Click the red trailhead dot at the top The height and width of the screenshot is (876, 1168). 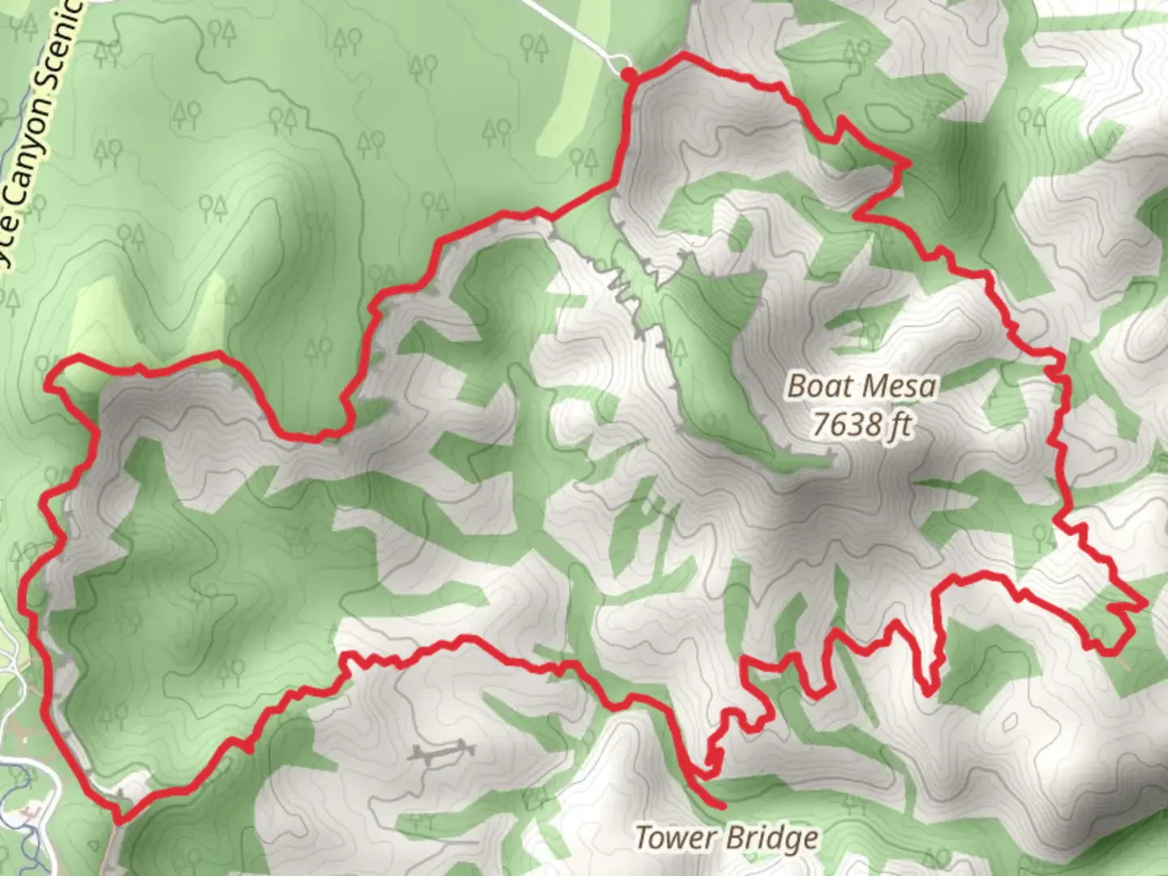[629, 75]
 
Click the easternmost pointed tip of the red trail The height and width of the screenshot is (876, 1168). [1144, 604]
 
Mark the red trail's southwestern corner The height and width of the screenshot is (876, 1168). [118, 821]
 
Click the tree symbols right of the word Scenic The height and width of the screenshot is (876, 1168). [105, 52]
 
